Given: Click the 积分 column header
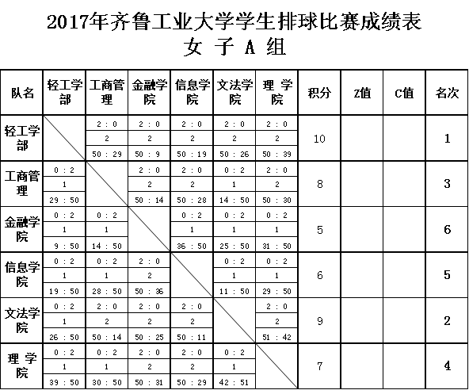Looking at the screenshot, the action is pos(319,93).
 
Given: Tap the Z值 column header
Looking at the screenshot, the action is pos(362,93).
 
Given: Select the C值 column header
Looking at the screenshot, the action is pos(404,93).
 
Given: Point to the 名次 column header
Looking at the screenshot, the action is pos(447,93).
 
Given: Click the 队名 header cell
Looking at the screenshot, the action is pos(22,93).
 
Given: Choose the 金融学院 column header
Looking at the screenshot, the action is pos(150,92).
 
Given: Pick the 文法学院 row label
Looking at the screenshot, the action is pos(22,320).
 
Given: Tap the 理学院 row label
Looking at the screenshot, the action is pos(22,365).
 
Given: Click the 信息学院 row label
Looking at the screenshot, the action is pos(22,275).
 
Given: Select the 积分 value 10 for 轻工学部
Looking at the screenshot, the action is pos(319,139).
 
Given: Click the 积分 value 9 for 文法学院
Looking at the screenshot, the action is pos(320,321).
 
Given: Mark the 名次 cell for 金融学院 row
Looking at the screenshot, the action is pos(447,230).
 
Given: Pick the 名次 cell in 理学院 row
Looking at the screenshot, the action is pos(447,365).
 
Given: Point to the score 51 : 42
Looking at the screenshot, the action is pos(276,338).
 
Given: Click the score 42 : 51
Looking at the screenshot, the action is pos(234,383).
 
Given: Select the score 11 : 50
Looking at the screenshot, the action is pos(234,292).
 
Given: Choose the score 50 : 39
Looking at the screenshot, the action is pos(276,155).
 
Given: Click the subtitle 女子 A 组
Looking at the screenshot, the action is pos(235,47).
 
